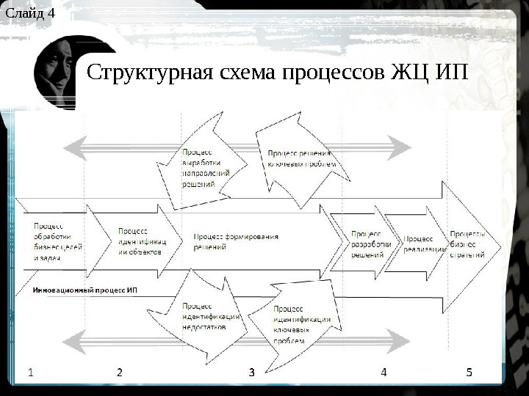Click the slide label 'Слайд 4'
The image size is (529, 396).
29,12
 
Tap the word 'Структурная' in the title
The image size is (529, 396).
147,73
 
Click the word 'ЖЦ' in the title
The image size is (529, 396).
412,73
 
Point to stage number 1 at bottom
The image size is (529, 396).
31,372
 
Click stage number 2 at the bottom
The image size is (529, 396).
119,372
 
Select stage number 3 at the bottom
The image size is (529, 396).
251,373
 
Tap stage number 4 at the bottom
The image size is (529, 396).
384,372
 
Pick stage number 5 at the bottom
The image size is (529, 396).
469,372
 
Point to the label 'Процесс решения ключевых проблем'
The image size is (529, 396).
301,158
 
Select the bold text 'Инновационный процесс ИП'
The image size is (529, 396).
84,290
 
